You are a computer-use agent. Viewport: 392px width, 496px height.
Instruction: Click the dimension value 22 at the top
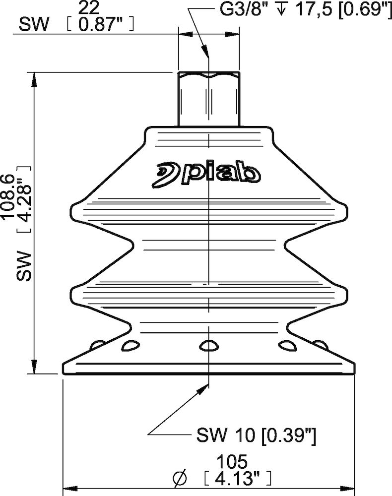point(89,7)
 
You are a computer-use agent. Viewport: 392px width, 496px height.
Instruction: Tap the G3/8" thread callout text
point(233,9)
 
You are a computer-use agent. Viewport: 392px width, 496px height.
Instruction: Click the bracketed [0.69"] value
point(362,9)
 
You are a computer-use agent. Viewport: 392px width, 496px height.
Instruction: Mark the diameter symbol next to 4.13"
point(180,479)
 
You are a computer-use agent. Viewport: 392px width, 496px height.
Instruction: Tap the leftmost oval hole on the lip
point(98,343)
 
